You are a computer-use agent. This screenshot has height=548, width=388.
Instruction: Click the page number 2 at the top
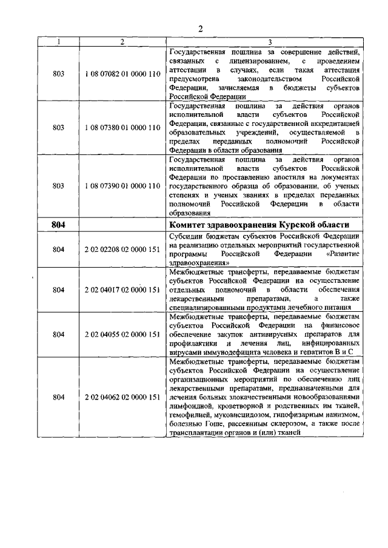(200, 28)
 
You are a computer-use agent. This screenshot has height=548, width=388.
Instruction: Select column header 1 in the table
(58, 42)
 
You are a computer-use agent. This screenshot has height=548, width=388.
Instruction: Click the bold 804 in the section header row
(58, 224)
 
